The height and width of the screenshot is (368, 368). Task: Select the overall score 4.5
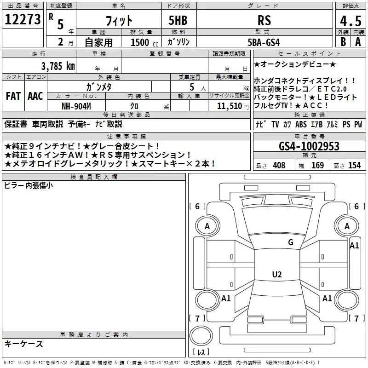350,21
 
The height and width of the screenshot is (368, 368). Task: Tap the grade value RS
264,20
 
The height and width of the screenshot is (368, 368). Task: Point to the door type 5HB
177,20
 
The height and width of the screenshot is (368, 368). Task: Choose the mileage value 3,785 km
58,66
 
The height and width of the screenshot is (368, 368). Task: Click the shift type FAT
13,96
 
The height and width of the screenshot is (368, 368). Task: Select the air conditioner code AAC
35,96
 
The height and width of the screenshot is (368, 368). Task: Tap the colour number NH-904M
76,106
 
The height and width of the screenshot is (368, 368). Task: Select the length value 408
279,165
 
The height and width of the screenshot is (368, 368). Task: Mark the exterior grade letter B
342,42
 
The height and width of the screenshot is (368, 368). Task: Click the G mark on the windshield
290,242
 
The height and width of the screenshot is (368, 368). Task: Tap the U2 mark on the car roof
276,275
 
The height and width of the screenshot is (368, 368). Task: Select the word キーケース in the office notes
24,344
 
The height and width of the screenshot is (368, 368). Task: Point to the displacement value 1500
140,42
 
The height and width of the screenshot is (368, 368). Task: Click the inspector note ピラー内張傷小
29,185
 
